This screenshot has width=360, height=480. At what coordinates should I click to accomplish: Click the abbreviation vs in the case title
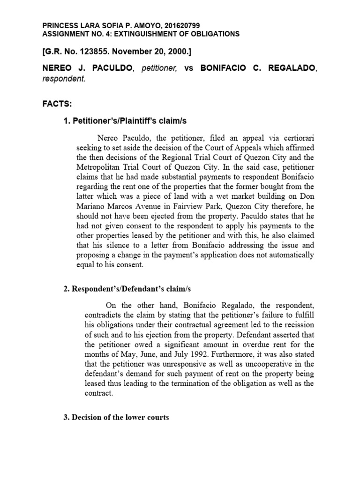[x=189, y=68]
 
